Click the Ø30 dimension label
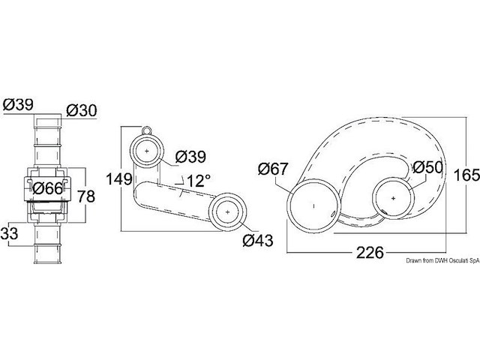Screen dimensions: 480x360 tap(82, 110)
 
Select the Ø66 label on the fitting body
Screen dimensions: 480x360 tap(48, 188)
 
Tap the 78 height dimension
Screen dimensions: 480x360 tap(86, 196)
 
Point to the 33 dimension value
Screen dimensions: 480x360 tap(9, 234)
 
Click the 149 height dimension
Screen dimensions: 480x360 tap(118, 179)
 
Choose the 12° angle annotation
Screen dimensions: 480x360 tap(198, 181)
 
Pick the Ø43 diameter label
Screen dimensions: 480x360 tap(258, 240)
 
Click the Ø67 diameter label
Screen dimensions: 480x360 tap(273, 169)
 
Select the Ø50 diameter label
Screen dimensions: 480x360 tap(427, 167)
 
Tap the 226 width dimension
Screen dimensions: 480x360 tap(370, 253)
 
